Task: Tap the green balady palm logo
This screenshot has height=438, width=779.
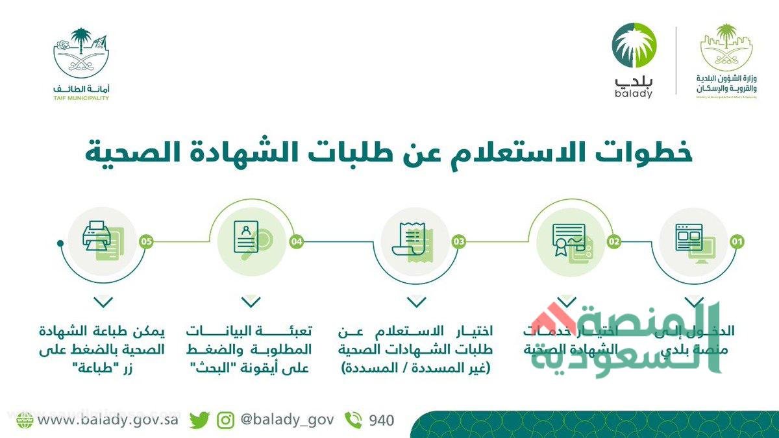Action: click(634, 45)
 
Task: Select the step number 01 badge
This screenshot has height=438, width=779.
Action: click(736, 242)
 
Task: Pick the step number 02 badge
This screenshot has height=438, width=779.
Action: click(613, 242)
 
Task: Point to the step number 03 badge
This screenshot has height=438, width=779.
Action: click(459, 242)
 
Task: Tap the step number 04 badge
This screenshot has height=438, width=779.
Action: click(297, 242)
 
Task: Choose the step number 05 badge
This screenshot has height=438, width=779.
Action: click(146, 242)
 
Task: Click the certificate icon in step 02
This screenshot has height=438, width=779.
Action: click(569, 240)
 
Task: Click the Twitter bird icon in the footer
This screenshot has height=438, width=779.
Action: click(200, 420)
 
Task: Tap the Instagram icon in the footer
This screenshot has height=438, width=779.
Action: click(225, 420)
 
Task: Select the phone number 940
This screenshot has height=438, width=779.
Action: click(381, 420)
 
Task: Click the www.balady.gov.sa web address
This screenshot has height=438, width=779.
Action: click(108, 420)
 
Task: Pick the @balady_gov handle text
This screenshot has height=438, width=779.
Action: click(287, 420)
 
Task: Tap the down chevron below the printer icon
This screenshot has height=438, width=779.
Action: click(104, 302)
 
